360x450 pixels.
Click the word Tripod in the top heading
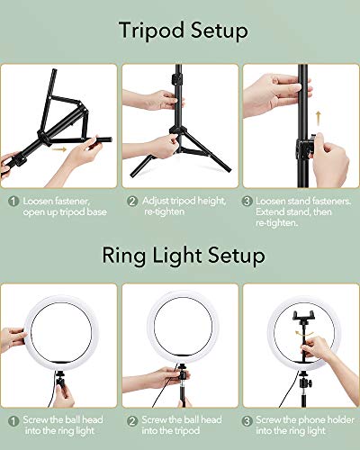pos(149,31)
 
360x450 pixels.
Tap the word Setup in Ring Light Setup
pos(236,256)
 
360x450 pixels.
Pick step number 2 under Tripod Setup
pos(132,200)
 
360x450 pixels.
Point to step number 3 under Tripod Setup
pos(247,200)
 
